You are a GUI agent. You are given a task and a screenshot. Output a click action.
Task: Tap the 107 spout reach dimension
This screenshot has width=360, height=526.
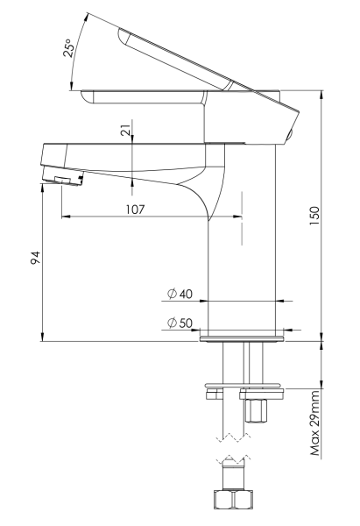click(134, 210)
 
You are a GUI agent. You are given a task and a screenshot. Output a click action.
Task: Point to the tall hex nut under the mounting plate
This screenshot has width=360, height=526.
click(256, 410)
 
